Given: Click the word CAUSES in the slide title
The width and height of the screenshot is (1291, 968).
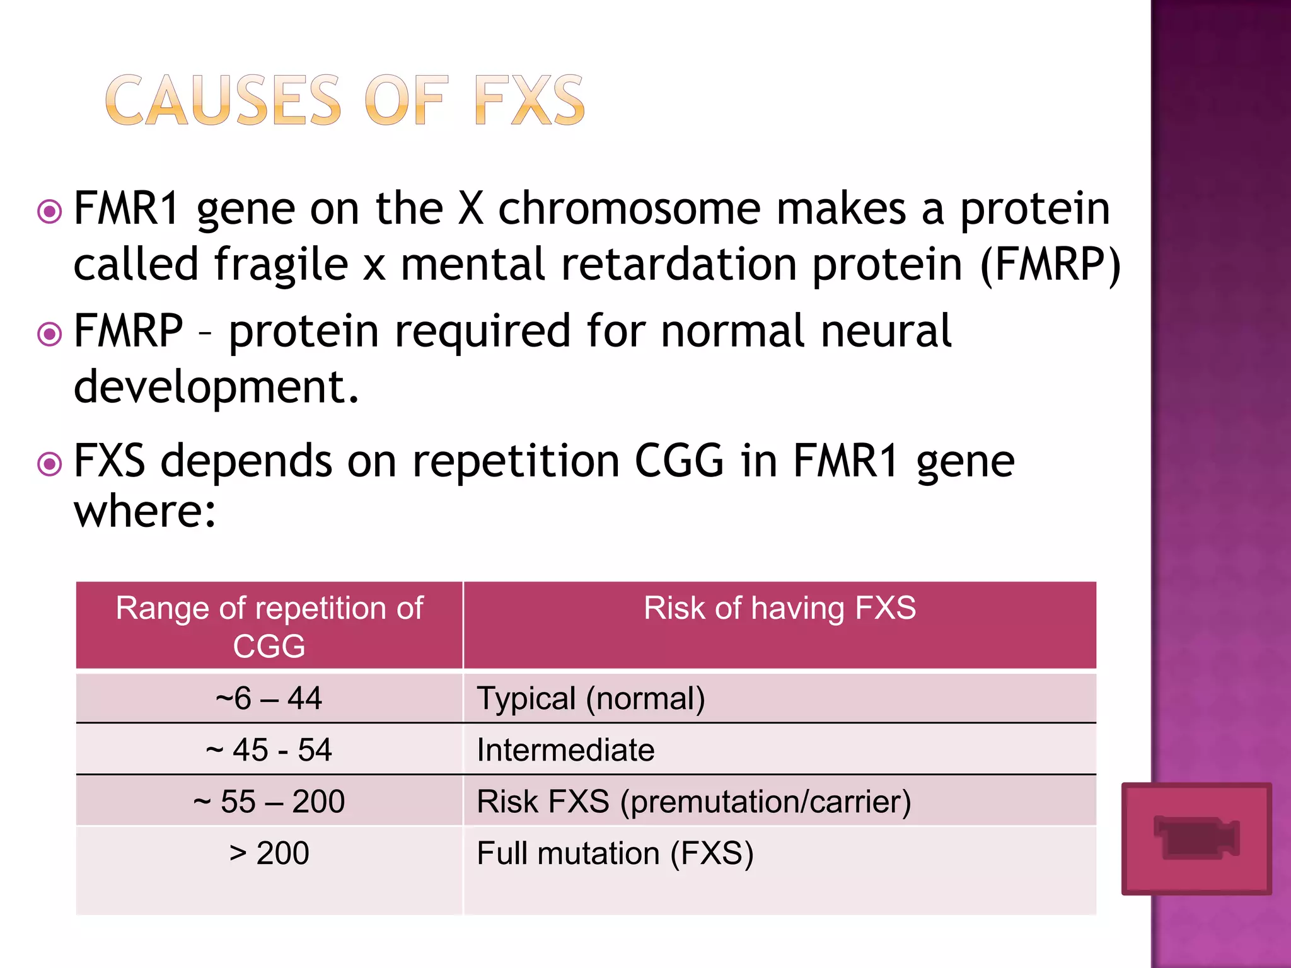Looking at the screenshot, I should pos(224,101).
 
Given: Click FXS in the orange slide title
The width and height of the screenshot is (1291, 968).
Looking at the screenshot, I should pos(530,101).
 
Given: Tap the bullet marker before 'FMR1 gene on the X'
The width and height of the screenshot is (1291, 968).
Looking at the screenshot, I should pos(50,212).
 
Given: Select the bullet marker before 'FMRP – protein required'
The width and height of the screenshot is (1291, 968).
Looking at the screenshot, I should pos(50,334).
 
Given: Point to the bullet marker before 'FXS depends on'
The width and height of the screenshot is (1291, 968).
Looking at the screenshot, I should pos(50,464).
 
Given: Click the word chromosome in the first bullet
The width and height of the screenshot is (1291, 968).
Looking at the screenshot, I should pos(629,209).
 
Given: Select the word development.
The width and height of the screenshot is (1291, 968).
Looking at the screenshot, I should pos(216,386).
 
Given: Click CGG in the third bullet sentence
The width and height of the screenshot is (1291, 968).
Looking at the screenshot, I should pos(679,461).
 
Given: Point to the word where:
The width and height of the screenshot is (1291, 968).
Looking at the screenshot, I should pos(145,511).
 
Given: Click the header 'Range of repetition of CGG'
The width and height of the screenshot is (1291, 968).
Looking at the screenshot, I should pos(269,626).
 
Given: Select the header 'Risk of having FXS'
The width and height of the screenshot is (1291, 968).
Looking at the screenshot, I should pos(780,609).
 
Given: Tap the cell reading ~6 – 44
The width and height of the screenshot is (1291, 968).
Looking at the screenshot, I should pos(269,698).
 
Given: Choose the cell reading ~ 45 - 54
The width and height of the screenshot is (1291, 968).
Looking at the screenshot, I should pos(269,750).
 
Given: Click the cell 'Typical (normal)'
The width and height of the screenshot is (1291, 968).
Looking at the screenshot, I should pos(591,698).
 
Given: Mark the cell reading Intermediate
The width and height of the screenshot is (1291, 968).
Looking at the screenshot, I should pos(565,750).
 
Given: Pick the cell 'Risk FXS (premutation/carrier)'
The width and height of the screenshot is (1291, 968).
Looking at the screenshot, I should pos(694,802).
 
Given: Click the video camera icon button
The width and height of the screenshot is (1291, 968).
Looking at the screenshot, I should pos(1196,838).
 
